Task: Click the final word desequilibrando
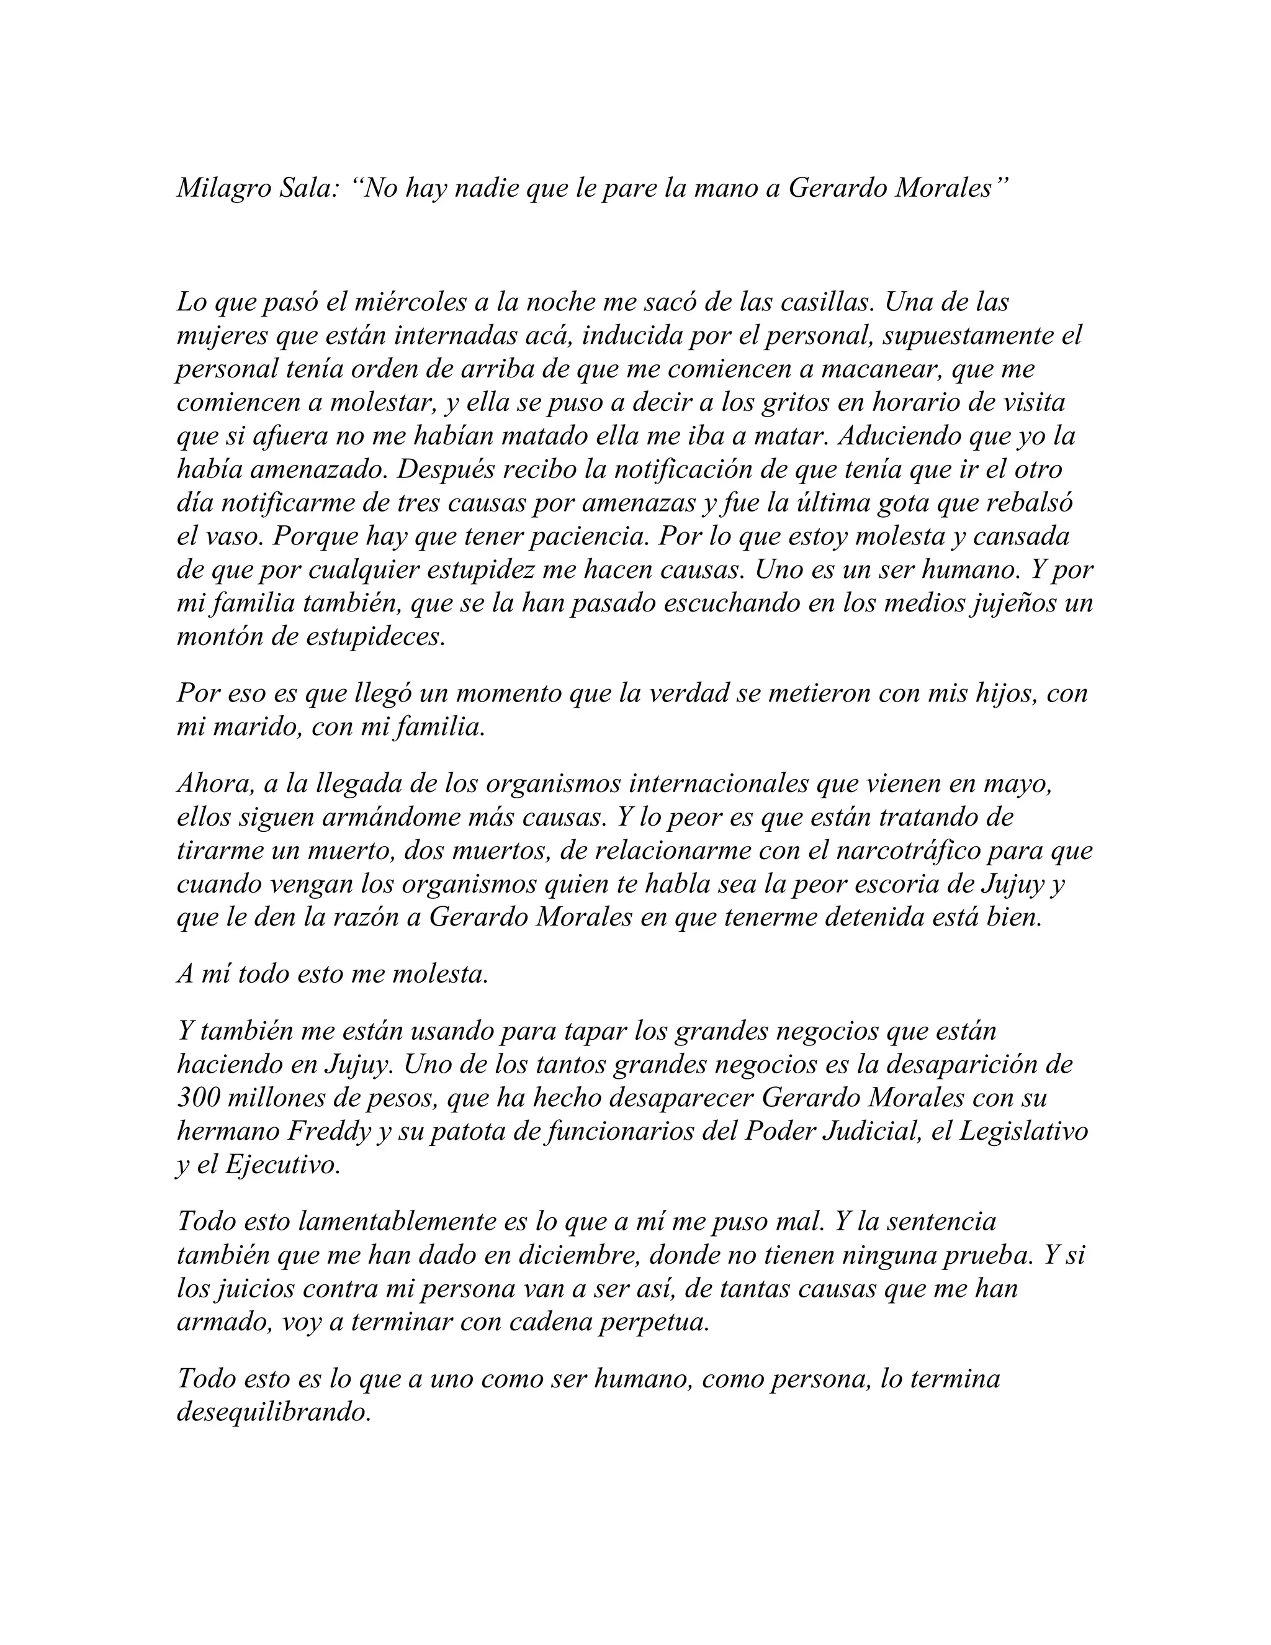274,1412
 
